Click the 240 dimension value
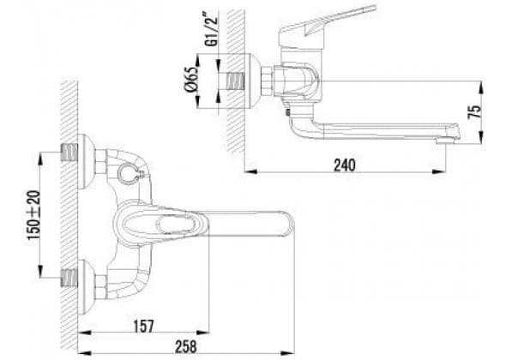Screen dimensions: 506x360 [344, 165]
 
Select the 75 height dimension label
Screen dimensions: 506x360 [474, 111]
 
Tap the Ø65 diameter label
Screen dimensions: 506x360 [191, 81]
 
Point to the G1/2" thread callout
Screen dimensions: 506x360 [211, 29]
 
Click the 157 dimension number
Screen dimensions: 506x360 [143, 326]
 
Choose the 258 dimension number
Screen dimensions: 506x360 [186, 347]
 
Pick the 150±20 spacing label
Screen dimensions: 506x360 [34, 215]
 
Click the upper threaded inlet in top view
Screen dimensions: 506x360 [69, 153]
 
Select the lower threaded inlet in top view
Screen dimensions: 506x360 [69, 278]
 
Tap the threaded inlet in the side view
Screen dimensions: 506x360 [235, 81]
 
